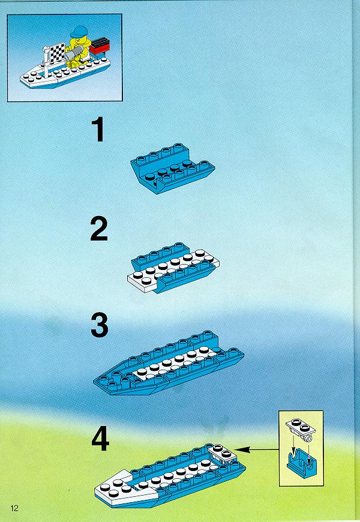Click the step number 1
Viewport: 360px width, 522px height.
click(x=98, y=130)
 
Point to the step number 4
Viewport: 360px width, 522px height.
click(x=100, y=439)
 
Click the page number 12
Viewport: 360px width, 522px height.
click(x=14, y=508)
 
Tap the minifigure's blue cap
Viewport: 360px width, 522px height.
click(x=79, y=32)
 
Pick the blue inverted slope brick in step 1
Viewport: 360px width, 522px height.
click(x=173, y=169)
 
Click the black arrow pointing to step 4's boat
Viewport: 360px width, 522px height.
click(x=259, y=450)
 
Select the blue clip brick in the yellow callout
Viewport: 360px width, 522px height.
click(x=301, y=461)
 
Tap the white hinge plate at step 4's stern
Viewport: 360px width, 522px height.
click(x=223, y=453)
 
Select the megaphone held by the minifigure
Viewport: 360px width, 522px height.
click(x=74, y=53)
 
